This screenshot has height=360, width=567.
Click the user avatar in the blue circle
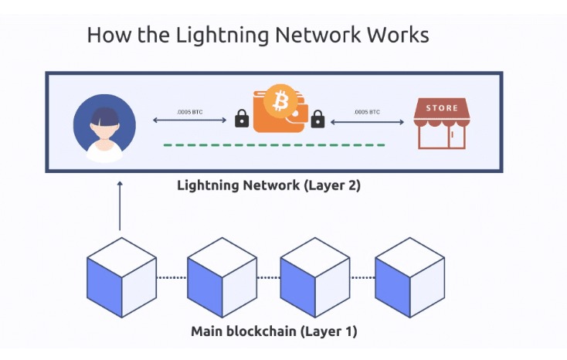(104, 127)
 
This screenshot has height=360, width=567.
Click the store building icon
(441, 124)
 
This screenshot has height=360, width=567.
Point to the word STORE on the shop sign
(442, 108)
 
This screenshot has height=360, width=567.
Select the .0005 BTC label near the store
(366, 112)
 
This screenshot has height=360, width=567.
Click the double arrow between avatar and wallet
(190, 121)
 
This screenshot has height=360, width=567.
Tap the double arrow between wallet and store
(368, 121)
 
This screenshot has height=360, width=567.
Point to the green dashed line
(273, 144)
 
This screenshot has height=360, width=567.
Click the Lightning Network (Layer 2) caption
(269, 185)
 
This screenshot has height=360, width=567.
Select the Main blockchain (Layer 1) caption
(273, 332)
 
